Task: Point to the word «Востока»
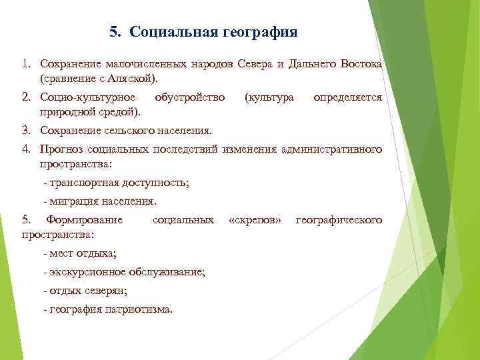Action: (x=361, y=64)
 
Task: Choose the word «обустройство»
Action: (x=190, y=97)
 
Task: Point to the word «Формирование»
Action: (x=83, y=219)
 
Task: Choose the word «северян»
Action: (x=107, y=291)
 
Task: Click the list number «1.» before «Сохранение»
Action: (x=27, y=64)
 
